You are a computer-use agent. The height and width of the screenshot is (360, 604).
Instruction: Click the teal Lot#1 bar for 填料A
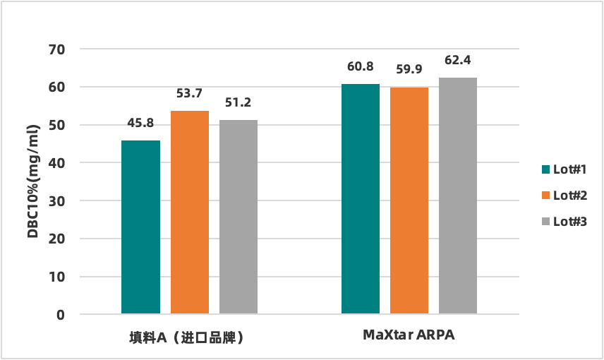[140, 227]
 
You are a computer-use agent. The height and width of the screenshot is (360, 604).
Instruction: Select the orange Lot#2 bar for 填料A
[190, 212]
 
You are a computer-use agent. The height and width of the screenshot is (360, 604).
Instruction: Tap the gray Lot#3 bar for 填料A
[238, 217]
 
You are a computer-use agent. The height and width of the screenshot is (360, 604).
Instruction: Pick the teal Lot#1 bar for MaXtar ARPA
[361, 198]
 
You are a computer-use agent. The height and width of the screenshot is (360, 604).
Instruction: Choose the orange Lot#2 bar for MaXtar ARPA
[409, 200]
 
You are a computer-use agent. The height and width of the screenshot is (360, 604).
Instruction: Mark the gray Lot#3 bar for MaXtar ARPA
[458, 196]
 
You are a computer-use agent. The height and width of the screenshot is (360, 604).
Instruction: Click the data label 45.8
[140, 123]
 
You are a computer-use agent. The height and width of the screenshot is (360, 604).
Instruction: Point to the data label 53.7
[189, 93]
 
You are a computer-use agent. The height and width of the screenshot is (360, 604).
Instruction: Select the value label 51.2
[238, 102]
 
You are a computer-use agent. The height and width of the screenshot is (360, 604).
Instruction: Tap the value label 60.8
[360, 67]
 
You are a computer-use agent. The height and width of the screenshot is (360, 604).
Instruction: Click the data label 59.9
[409, 69]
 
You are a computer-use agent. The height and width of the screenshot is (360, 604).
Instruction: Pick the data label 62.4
[458, 60]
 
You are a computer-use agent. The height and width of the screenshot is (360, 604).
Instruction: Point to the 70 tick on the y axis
[57, 49]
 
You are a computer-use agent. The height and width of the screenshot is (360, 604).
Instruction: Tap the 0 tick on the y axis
[61, 315]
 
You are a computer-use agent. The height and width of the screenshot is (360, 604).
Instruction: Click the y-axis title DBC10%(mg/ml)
[33, 181]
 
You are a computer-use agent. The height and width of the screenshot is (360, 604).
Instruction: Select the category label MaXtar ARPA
[409, 335]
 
